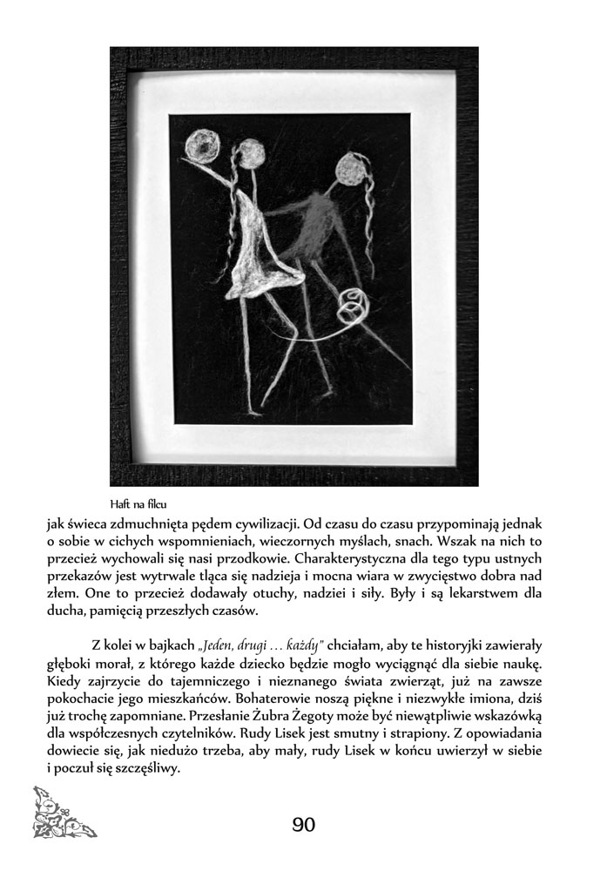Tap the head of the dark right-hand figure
tap(350, 167)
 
